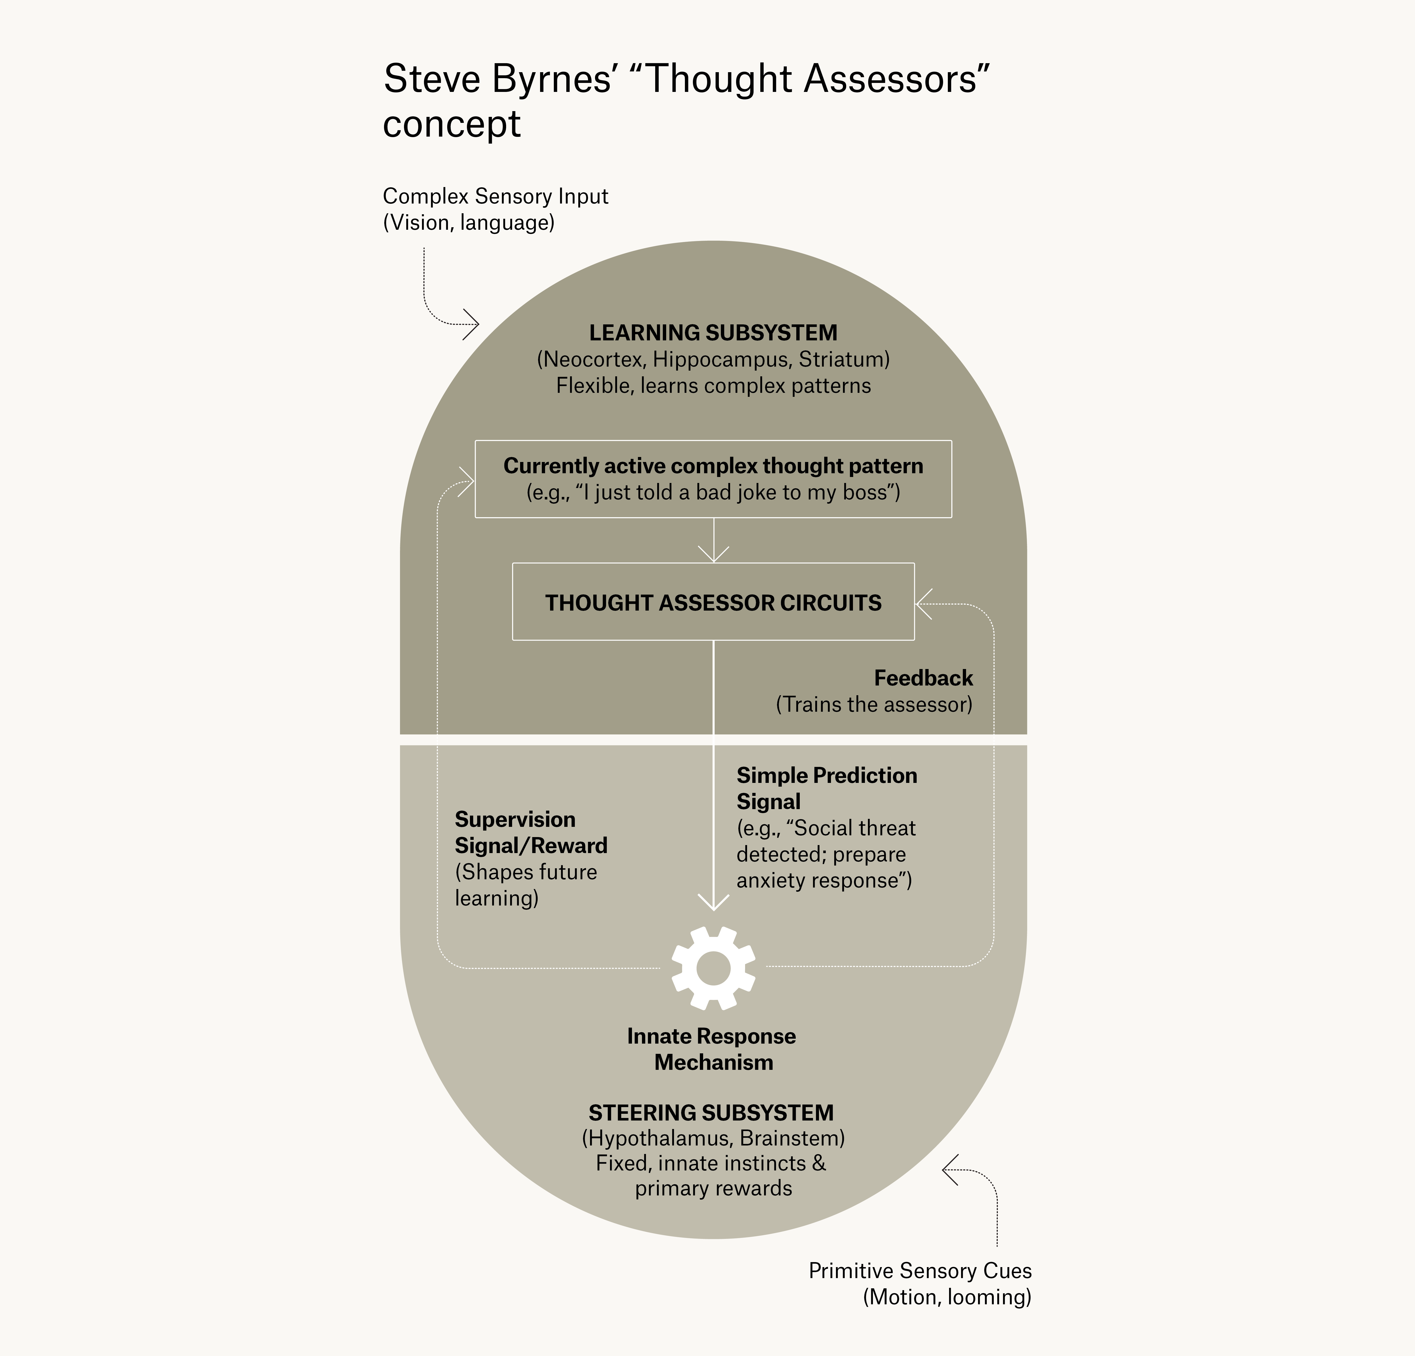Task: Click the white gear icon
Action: point(713,967)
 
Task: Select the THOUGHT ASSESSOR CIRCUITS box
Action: point(713,602)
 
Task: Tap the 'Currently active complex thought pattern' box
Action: point(713,479)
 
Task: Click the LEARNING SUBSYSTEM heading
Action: point(713,333)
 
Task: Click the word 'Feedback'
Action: point(923,678)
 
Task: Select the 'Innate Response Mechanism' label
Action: point(712,1049)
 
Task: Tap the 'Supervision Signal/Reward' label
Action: point(531,833)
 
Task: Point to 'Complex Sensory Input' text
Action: point(495,196)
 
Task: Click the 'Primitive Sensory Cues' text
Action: point(920,1271)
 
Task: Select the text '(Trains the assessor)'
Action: point(874,705)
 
